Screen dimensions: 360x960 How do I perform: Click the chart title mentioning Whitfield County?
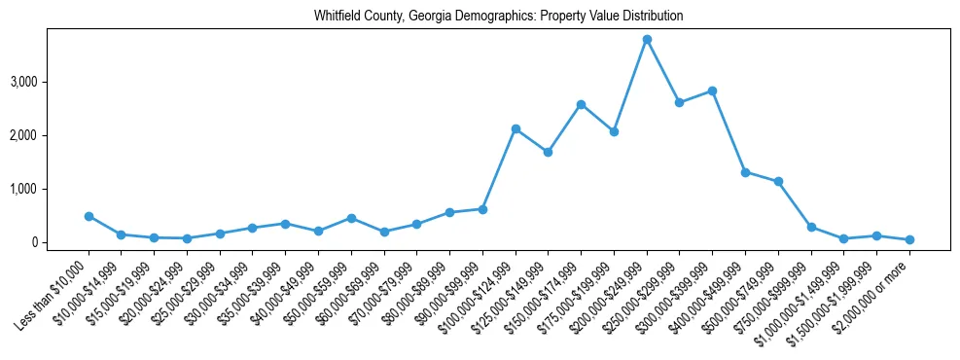click(x=498, y=17)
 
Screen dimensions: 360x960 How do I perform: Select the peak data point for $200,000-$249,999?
click(x=647, y=39)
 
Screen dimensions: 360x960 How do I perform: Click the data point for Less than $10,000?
click(x=89, y=216)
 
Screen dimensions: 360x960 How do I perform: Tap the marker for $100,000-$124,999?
click(x=516, y=128)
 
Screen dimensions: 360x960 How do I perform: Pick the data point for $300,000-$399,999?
click(x=713, y=90)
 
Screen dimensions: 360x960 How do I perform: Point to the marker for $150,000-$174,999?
click(x=581, y=104)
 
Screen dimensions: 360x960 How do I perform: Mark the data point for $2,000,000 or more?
click(x=909, y=239)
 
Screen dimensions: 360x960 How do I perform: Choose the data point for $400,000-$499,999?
click(x=745, y=172)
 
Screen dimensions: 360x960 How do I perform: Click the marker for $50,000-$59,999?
click(x=351, y=218)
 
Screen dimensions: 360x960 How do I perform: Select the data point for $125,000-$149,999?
click(x=549, y=152)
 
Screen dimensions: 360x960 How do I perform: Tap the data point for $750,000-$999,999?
click(x=811, y=227)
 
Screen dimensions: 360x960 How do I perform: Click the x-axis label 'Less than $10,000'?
click(x=56, y=286)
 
